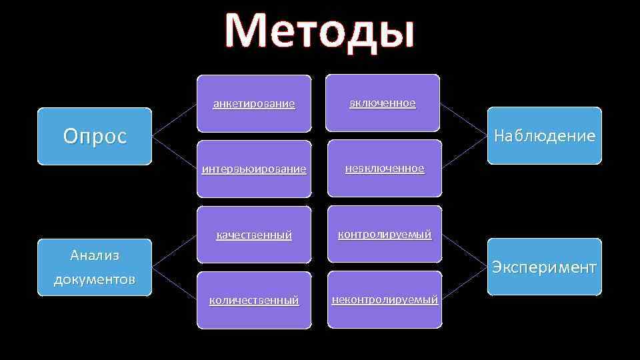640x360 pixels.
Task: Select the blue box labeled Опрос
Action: (95, 136)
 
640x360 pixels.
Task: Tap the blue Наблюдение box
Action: (544, 135)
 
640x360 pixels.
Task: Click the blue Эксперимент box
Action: (544, 267)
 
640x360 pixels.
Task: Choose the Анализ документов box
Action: (95, 267)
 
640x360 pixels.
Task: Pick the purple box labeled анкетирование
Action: (254, 103)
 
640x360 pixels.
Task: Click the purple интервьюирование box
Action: (254, 169)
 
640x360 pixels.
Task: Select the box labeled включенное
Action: (383, 103)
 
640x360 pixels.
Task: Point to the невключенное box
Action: (385, 168)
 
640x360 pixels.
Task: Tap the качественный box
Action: (254, 235)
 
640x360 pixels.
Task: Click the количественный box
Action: (254, 300)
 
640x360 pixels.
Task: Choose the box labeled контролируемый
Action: (385, 234)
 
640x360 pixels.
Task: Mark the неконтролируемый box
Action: (385, 299)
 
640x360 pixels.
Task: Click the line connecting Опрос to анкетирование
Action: (174, 120)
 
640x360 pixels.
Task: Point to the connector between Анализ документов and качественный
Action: (174, 251)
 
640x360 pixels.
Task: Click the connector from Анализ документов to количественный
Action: (174, 283)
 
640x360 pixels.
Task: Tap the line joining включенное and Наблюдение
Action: (464, 119)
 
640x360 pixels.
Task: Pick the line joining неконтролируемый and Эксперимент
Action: (465, 283)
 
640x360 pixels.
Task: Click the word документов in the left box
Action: (95, 279)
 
